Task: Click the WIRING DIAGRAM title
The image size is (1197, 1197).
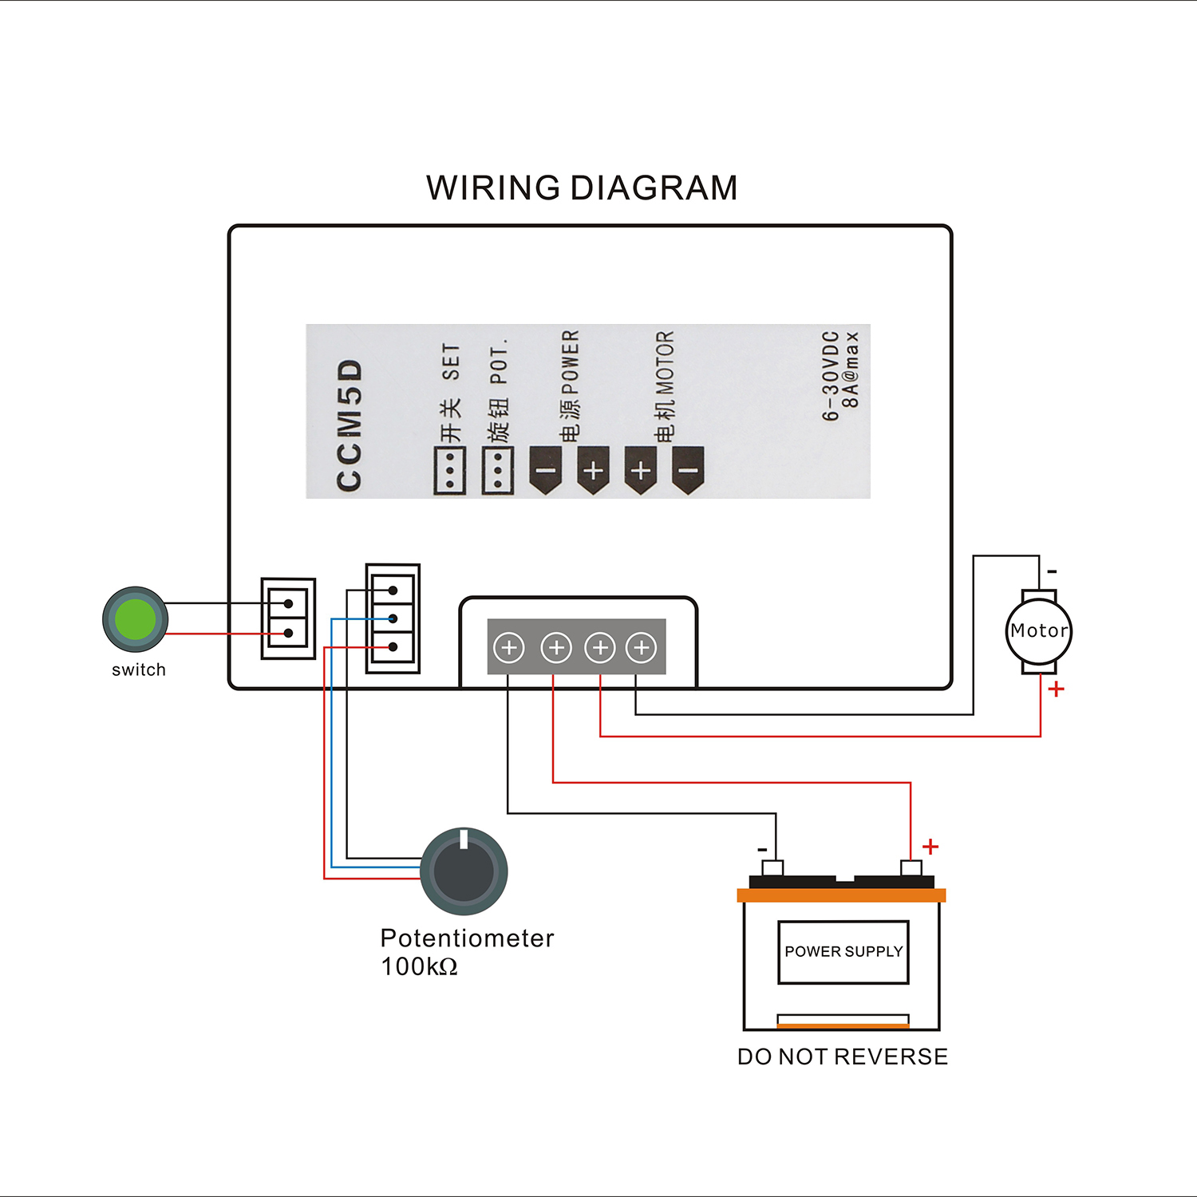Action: point(582,188)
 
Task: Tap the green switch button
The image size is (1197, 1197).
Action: point(136,619)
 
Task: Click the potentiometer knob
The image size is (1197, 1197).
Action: point(464,871)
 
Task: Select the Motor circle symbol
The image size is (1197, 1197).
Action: point(1038,631)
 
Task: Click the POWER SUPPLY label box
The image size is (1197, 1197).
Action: point(843,952)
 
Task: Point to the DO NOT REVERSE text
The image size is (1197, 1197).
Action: point(843,1057)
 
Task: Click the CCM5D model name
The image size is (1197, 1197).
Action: point(350,425)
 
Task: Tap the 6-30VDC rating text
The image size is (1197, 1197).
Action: point(831,375)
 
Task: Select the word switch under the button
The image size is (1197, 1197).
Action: point(139,670)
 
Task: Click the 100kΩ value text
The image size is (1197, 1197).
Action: point(419,967)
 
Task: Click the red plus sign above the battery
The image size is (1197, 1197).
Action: point(930,846)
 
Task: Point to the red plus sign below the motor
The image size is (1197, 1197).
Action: point(1057,689)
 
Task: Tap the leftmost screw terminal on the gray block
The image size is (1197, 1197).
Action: point(509,647)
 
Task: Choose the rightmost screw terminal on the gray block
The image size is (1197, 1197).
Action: point(642,647)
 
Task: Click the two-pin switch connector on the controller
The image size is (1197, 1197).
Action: point(289,618)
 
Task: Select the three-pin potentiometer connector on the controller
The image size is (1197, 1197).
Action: point(393,618)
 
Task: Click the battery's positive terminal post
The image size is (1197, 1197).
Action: point(911,867)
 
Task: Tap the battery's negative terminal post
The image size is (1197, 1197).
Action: point(772,867)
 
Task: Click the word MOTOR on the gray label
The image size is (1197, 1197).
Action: point(665,364)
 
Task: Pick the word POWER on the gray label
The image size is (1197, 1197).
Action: point(570,362)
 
